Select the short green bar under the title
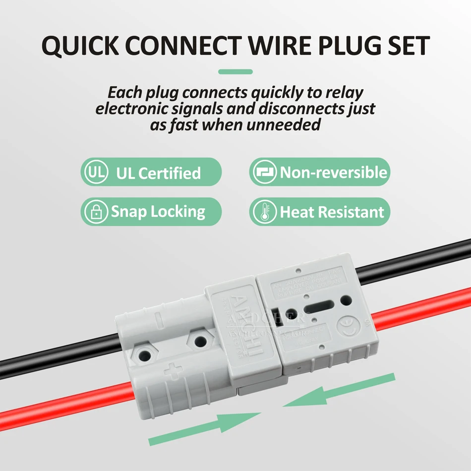point(235,72)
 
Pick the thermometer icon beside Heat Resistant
point(264,212)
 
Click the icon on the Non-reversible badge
point(264,173)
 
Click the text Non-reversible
point(333,173)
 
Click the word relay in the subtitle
point(343,92)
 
